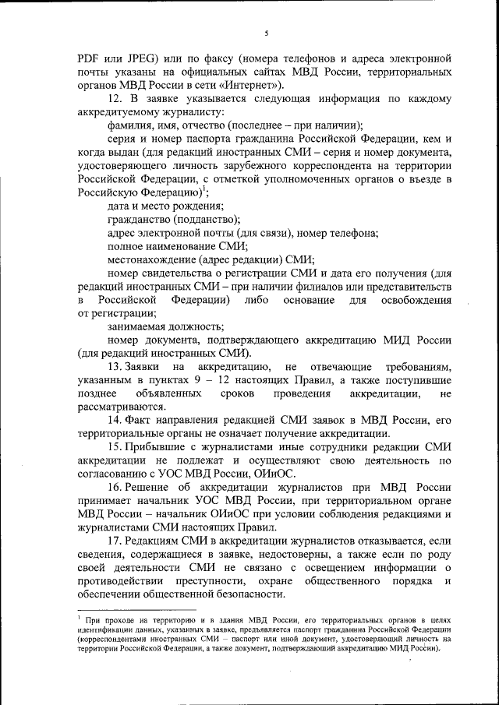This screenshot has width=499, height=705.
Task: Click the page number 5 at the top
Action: [x=266, y=33]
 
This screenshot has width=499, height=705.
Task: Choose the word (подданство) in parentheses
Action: [x=206, y=220]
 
